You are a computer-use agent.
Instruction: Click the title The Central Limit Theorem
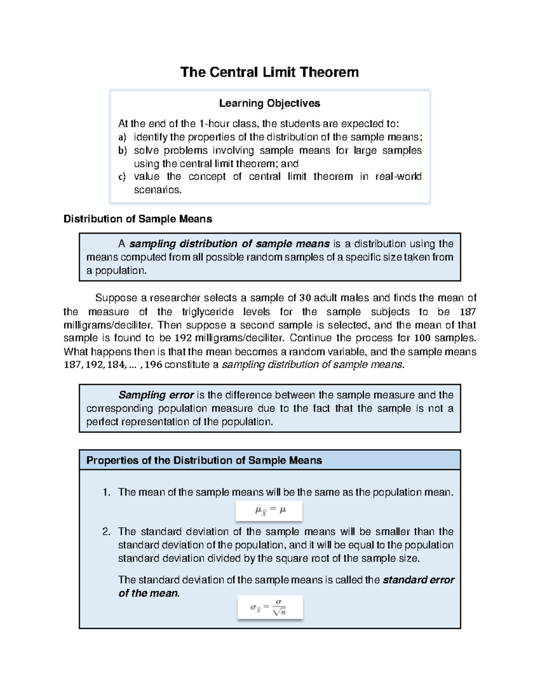point(269,72)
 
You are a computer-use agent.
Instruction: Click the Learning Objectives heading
point(269,104)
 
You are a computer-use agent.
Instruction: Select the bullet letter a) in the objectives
point(122,137)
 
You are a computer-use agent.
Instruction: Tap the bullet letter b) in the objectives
point(122,150)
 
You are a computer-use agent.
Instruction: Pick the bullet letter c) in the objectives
point(122,177)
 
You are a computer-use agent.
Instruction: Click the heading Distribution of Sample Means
point(137,219)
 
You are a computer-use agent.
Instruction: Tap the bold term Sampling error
point(156,395)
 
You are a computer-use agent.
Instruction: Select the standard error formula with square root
point(270,608)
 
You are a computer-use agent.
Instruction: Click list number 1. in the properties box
point(106,492)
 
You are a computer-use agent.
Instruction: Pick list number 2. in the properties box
point(106,532)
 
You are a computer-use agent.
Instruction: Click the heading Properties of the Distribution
point(204,460)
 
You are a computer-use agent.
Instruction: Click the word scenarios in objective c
point(157,190)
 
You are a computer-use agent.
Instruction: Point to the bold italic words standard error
point(418,580)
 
